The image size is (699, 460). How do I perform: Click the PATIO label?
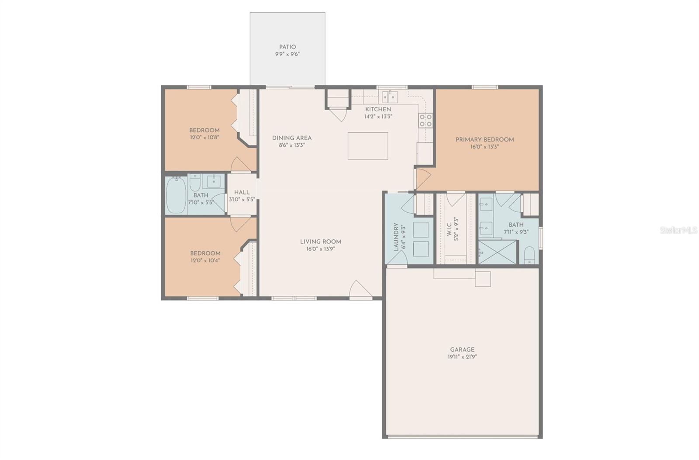point(287,47)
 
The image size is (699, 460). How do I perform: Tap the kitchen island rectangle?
point(368,146)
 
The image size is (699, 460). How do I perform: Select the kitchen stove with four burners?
point(426,121)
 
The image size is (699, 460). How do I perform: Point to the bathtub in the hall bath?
point(176,195)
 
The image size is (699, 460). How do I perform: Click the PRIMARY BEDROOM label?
point(484,139)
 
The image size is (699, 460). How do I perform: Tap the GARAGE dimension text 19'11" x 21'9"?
point(462,356)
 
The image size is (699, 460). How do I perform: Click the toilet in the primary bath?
point(529,255)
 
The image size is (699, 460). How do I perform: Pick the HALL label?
point(242,192)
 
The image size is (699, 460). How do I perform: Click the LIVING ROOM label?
point(320,242)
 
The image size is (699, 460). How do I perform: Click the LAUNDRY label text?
point(396,237)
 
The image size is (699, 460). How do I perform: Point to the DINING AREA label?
point(292,138)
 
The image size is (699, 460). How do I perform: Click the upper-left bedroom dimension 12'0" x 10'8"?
point(204,137)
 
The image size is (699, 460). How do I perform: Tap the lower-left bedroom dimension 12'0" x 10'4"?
point(205,260)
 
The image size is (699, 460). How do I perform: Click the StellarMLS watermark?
point(678,230)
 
